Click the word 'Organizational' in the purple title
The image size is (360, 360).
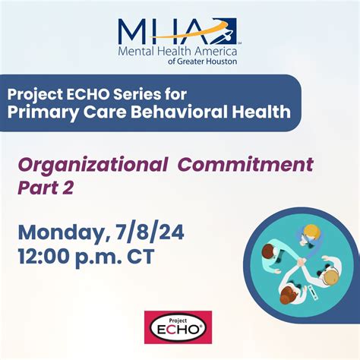[x=93, y=166]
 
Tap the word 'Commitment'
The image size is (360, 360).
[x=245, y=165]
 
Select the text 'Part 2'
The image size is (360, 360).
[x=46, y=188]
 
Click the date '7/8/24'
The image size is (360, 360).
[x=150, y=232]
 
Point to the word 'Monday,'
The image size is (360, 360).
[x=65, y=234]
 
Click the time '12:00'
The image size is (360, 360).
[x=45, y=256]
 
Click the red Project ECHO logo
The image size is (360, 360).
[x=178, y=327]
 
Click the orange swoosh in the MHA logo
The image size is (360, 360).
[x=188, y=32]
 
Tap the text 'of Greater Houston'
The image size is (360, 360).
[x=203, y=62]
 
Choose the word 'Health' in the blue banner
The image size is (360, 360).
[x=261, y=112]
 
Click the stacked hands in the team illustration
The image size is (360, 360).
[x=302, y=261]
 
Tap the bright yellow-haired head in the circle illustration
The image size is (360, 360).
[x=312, y=231]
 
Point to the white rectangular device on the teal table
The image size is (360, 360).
[x=313, y=292]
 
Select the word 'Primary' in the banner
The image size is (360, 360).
[x=41, y=112]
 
